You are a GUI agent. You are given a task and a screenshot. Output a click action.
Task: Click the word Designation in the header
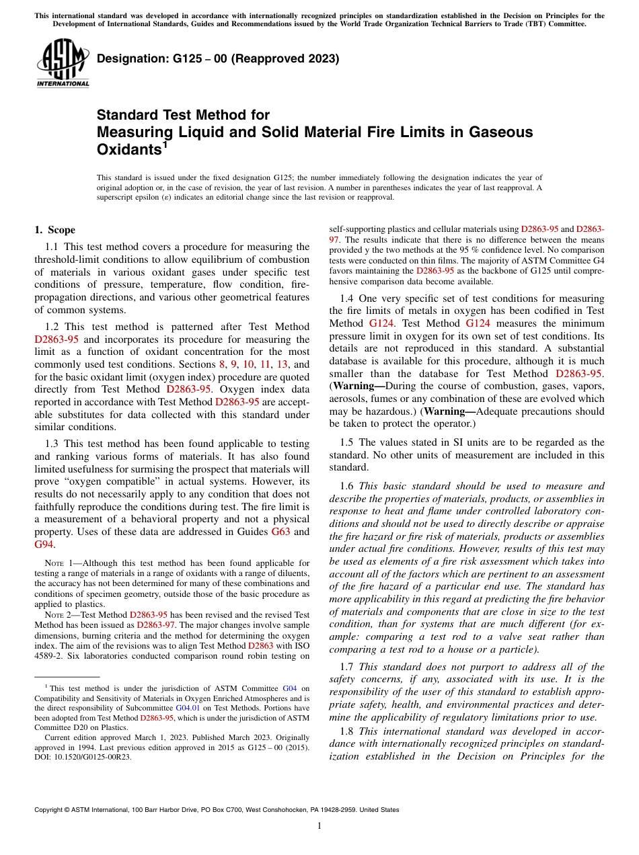(x=128, y=59)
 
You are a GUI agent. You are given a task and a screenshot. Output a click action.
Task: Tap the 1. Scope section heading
(x=54, y=230)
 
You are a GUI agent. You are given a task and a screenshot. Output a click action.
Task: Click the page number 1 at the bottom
(x=319, y=826)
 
